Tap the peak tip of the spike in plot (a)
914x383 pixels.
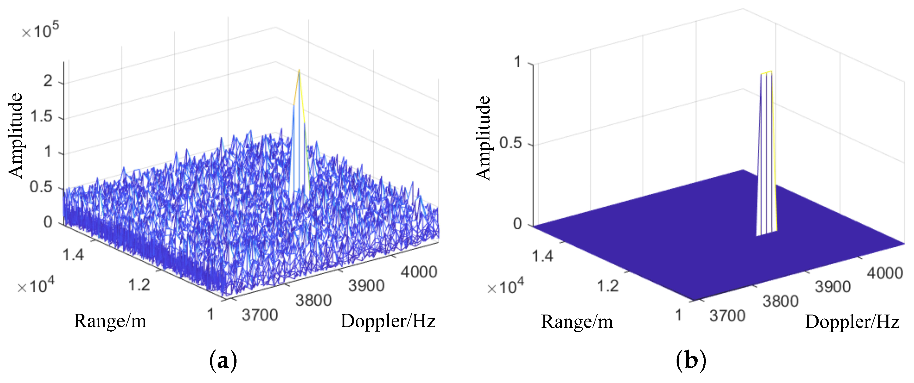[x=299, y=71]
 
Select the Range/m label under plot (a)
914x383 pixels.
[x=110, y=321]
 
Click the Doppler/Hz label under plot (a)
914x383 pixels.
[x=388, y=321]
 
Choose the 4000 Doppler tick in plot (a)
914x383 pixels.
[x=419, y=272]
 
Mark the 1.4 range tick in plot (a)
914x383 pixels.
[x=73, y=255]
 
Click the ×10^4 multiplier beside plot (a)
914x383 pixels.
[x=36, y=286]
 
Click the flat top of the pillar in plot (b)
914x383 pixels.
[x=766, y=73]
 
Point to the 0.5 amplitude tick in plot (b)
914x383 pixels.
[x=510, y=143]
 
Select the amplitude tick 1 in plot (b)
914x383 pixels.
[x=518, y=62]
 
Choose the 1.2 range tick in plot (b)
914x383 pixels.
[x=608, y=286]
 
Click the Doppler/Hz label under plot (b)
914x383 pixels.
[x=852, y=322]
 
